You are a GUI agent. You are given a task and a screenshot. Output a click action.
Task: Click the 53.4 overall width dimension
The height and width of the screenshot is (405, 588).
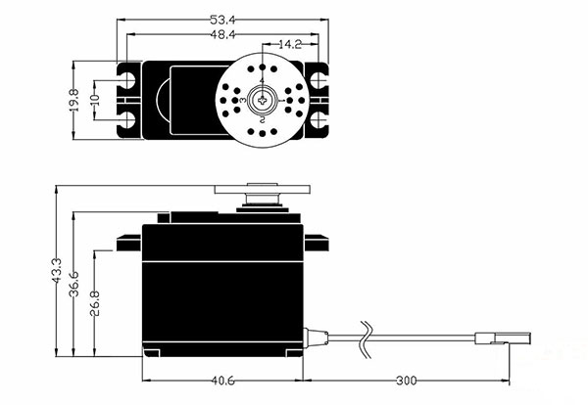(224, 19)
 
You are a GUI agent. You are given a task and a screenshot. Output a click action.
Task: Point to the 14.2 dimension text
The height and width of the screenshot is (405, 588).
(289, 45)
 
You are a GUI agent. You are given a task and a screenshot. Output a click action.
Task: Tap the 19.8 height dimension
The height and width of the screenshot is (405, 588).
(75, 99)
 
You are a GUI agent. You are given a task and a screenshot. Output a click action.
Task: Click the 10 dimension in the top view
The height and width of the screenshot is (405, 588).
(95, 99)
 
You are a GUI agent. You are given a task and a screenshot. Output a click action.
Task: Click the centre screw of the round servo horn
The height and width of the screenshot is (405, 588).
(263, 99)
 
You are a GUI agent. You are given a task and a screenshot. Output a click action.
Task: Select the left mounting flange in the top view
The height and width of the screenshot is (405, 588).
(128, 99)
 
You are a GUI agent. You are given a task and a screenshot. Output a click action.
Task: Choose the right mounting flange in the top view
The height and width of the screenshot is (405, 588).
(316, 99)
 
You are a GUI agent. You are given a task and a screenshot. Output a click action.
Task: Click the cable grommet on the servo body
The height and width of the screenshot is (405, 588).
(314, 337)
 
